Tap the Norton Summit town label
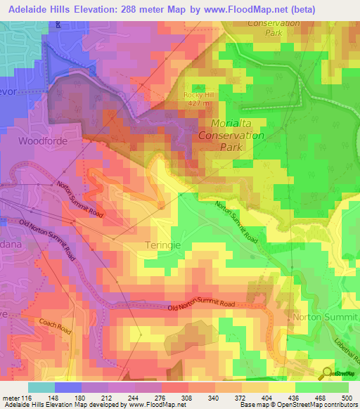[324, 318]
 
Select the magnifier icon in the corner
[326, 372]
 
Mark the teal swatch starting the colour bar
[41, 387]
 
